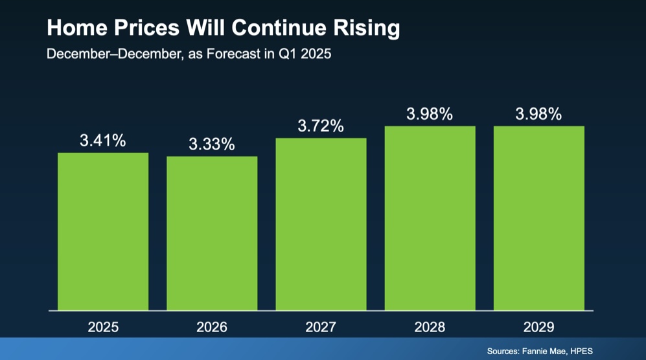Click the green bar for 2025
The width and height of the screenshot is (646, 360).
pos(103,231)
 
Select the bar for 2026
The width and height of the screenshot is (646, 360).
pos(212,233)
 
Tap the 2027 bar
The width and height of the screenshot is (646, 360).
pos(321,224)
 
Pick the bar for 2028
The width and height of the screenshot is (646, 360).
pos(430,218)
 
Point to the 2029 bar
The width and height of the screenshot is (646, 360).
pos(538,218)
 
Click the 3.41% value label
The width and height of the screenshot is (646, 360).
pos(103,141)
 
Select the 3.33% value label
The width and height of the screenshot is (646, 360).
pos(212,144)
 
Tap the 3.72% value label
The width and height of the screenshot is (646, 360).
pos(321,126)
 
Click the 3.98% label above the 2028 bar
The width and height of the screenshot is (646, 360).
pos(430,114)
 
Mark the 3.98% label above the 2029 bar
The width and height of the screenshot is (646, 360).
pos(538,114)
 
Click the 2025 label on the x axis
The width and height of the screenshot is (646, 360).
pos(103,327)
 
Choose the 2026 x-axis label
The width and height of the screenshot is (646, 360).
pos(212,327)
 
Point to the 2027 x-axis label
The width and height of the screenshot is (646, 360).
pos(321,327)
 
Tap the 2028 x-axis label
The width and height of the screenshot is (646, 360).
pos(430,327)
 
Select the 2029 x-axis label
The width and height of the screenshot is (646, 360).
pos(538,327)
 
